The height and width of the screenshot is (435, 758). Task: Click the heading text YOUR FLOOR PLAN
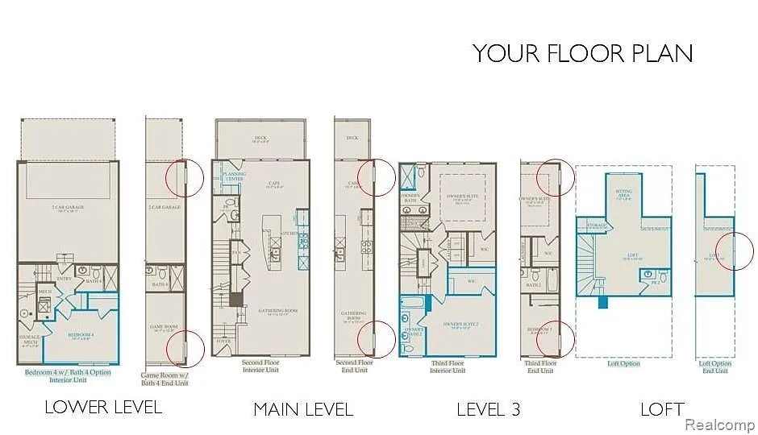(582, 53)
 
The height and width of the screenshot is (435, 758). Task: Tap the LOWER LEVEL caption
(102, 407)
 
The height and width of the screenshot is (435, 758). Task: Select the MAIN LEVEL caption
(303, 409)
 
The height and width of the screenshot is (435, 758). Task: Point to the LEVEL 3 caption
(488, 409)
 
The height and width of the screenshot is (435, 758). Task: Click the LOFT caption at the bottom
(662, 409)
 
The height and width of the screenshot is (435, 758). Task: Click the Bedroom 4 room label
(81, 333)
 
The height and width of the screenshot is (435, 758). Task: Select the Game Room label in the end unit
(164, 327)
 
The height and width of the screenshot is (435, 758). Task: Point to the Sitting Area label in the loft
(624, 194)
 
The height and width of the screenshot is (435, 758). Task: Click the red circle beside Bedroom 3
(556, 338)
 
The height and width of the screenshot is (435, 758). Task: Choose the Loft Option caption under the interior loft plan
(623, 364)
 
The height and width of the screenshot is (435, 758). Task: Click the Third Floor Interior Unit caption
(448, 367)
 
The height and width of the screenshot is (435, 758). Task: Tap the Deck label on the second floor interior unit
(260, 139)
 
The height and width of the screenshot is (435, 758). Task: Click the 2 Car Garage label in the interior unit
(69, 208)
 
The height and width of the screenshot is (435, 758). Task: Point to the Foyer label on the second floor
(223, 342)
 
